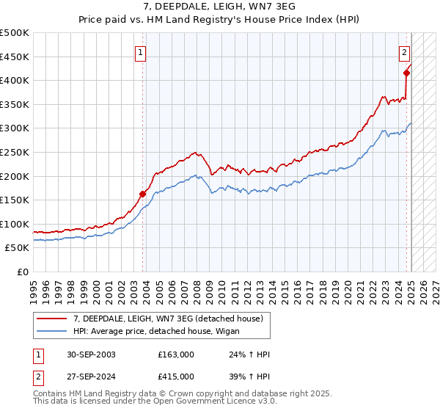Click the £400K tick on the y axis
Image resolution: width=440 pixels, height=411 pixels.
tap(15, 80)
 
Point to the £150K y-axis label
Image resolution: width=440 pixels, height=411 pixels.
tap(15, 200)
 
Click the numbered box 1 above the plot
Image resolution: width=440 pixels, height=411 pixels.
tap(140, 51)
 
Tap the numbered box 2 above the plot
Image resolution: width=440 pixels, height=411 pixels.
tap(404, 51)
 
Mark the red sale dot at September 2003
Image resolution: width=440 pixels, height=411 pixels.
tap(142, 194)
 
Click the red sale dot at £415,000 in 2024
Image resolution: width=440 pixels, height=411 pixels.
tap(406, 73)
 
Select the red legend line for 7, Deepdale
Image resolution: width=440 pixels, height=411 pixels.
tap(52, 318)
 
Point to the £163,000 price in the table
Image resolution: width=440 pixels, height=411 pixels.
tap(176, 354)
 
